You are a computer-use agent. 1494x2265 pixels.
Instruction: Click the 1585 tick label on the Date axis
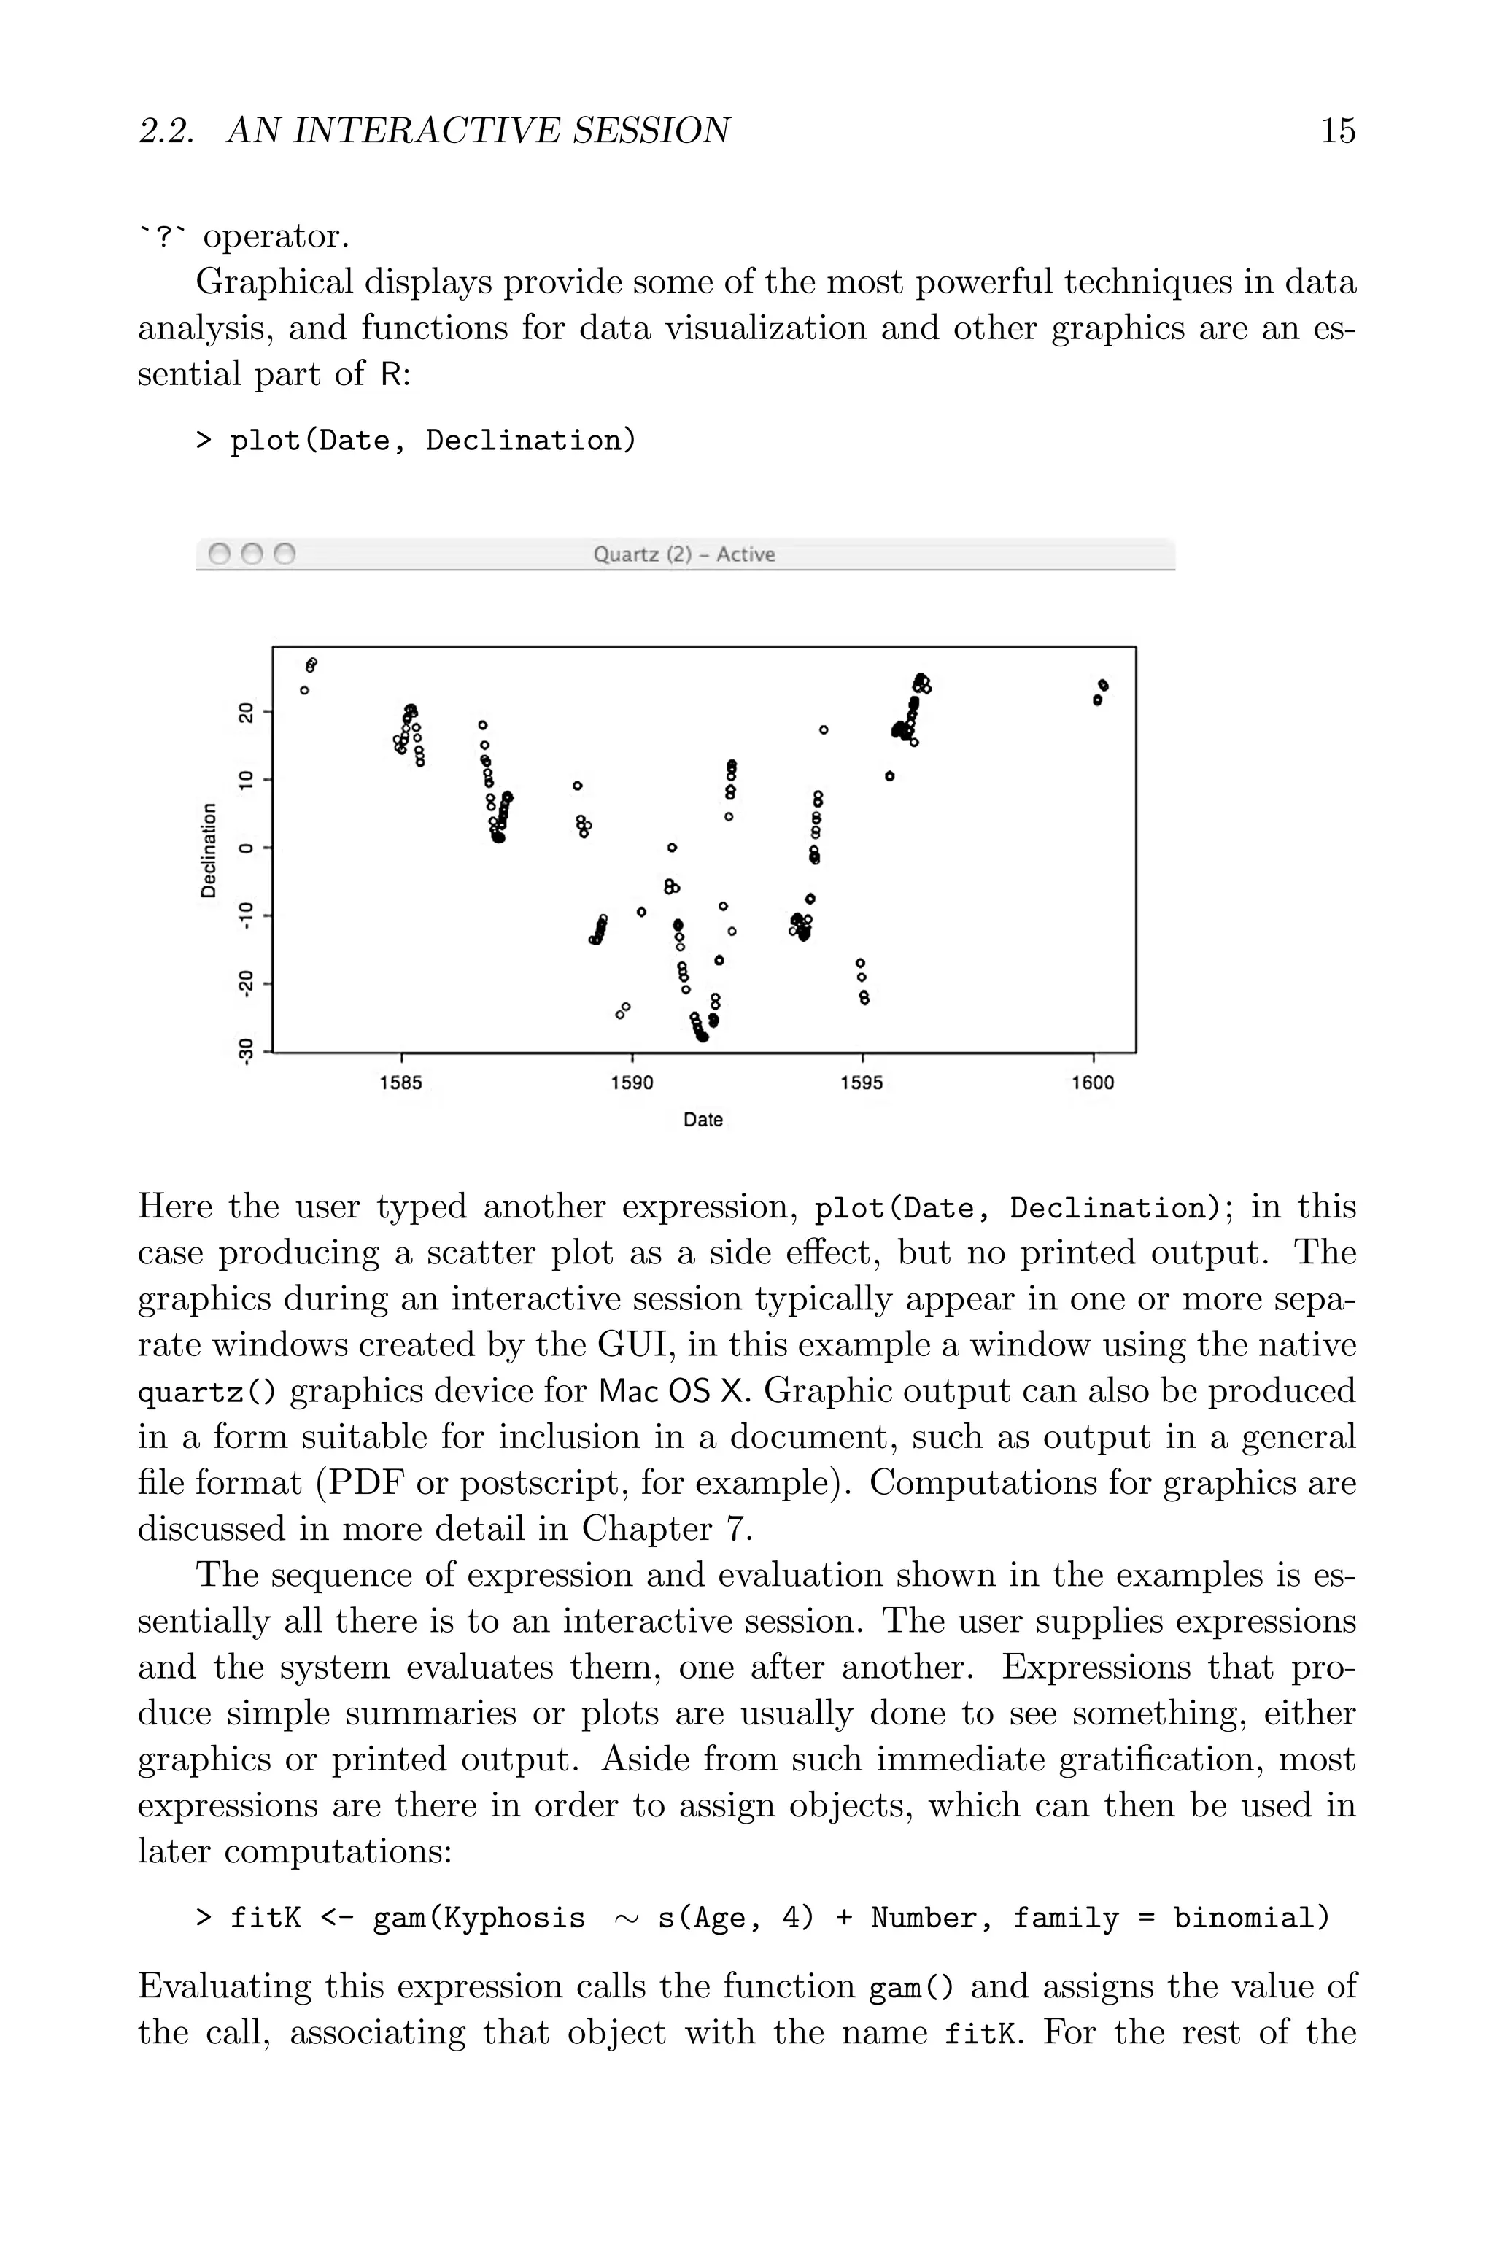[x=400, y=1083]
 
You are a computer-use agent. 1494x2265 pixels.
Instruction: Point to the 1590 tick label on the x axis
[x=632, y=1083]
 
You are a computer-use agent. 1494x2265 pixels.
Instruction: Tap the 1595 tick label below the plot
[x=862, y=1083]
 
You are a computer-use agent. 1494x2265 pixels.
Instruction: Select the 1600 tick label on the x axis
[x=1092, y=1083]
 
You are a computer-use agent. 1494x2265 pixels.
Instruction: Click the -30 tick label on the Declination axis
[x=247, y=1052]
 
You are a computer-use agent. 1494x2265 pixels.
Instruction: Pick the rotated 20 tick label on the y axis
[x=247, y=713]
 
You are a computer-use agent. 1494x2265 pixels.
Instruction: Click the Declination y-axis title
[x=209, y=850]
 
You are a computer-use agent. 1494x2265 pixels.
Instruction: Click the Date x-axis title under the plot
[x=703, y=1120]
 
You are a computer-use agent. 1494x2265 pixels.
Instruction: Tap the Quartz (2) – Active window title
[x=684, y=554]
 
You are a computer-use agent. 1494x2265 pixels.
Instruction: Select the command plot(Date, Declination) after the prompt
[x=433, y=441]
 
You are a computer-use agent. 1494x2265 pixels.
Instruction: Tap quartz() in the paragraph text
[x=206, y=1393]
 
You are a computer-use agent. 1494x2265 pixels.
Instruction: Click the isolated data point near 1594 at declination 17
[x=823, y=729]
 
